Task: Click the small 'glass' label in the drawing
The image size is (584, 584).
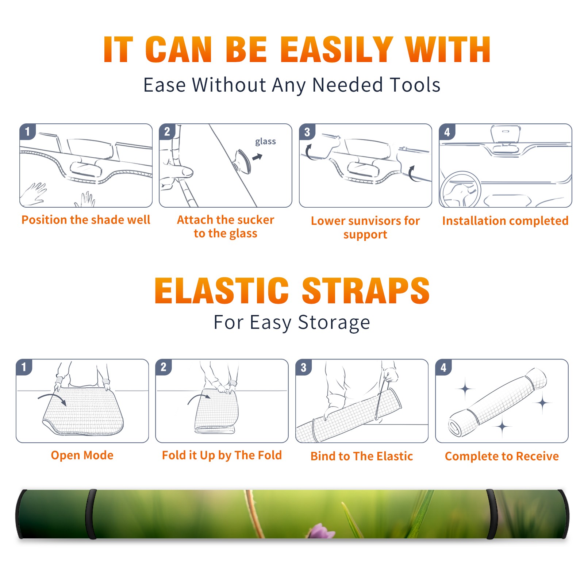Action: click(265, 141)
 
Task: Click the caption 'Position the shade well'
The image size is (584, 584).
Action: click(86, 220)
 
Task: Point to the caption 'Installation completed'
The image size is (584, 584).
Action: click(505, 220)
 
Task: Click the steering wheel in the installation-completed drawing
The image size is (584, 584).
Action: click(460, 190)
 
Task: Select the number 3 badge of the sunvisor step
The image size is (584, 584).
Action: click(307, 132)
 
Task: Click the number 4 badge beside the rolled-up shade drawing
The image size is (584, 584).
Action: click(443, 367)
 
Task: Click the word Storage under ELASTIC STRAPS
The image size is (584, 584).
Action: click(334, 323)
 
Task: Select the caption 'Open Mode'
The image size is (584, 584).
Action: click(82, 455)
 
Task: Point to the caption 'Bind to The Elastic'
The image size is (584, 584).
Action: click(361, 456)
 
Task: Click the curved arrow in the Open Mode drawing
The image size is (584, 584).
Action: click(52, 398)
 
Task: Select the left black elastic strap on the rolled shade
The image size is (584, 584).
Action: click(91, 514)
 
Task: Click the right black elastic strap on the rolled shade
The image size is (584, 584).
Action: click(492, 514)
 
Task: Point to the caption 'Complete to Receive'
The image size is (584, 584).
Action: click(502, 456)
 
